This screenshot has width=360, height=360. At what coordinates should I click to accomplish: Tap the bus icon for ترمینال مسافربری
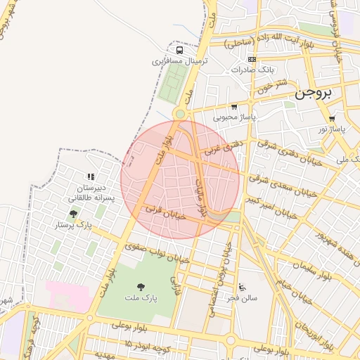tap(181, 50)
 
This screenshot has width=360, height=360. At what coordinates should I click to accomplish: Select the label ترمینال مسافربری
tap(180, 61)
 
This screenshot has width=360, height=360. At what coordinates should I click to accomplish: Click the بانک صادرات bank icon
tap(252, 59)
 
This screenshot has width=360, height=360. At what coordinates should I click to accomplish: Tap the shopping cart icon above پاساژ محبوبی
tap(234, 106)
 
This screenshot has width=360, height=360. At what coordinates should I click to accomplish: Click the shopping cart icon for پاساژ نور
tap(331, 118)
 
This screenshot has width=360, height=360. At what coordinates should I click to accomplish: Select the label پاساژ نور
tap(331, 129)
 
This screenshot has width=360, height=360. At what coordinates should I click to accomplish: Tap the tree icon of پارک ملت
tap(141, 287)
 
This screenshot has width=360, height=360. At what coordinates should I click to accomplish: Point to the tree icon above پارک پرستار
tap(73, 214)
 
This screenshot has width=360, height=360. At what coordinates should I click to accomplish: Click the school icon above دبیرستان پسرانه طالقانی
tap(90, 176)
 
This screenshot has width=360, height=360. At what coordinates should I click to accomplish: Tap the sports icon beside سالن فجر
tap(242, 287)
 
